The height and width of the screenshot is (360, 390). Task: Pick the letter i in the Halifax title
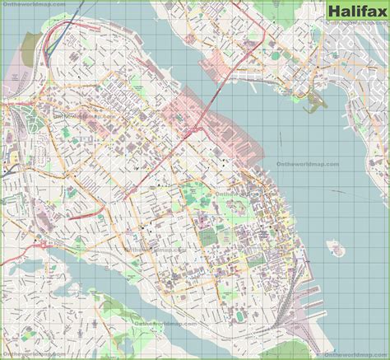click(x=356, y=12)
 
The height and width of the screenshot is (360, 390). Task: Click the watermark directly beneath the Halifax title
click(x=355, y=24)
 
